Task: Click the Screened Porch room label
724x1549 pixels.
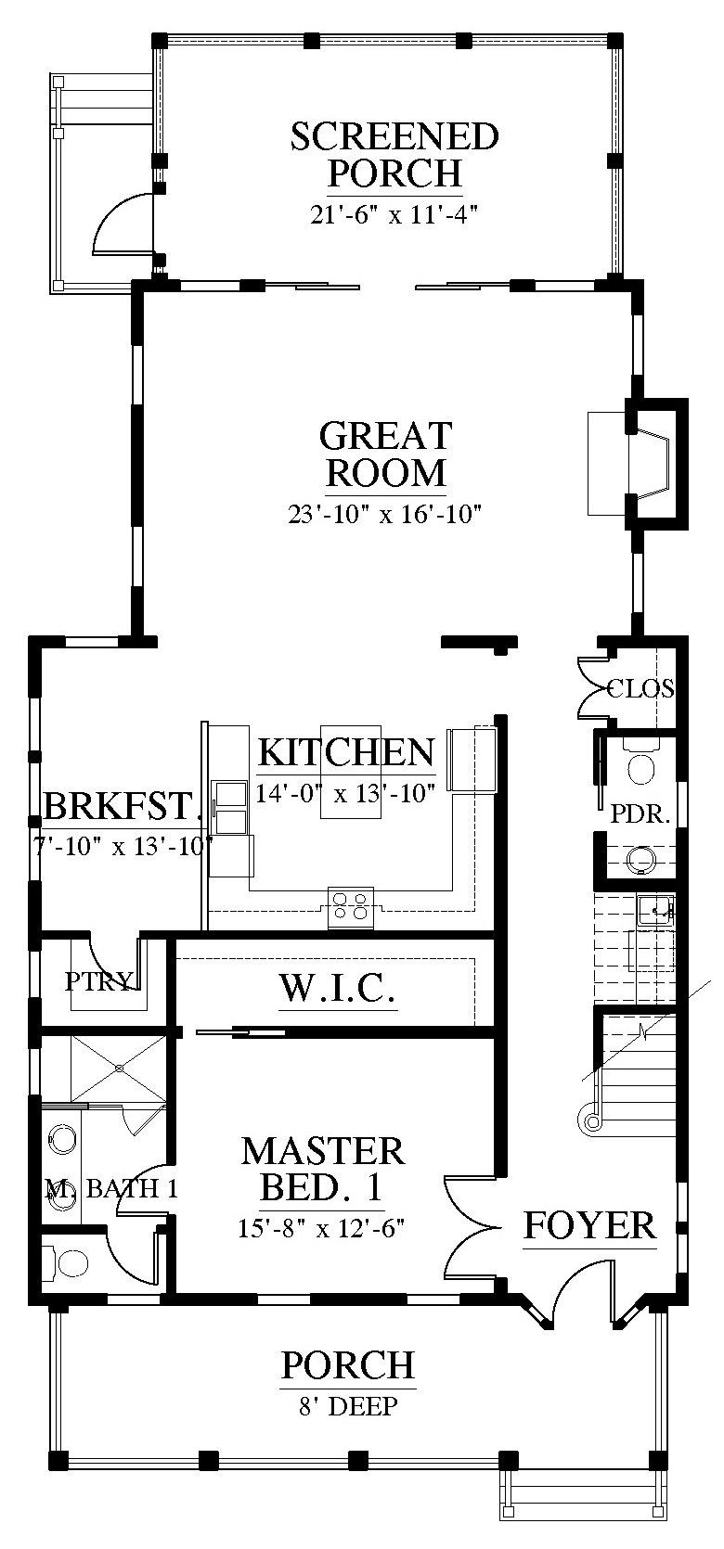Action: [394, 154]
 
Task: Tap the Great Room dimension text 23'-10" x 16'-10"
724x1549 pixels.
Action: [384, 514]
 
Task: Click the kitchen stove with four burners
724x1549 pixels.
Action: [350, 906]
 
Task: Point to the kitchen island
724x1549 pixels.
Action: [350, 771]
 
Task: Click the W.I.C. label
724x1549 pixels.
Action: [338, 988]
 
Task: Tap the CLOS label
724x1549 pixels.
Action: [640, 688]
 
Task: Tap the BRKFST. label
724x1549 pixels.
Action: [122, 805]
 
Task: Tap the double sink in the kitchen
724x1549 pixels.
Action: [229, 808]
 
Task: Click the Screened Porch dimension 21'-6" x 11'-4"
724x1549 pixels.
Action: [394, 215]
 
